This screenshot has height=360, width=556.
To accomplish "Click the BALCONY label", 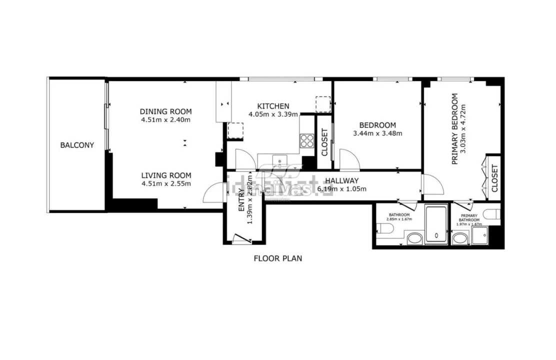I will (x=77, y=145).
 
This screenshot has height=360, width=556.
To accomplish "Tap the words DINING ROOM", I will (x=165, y=111).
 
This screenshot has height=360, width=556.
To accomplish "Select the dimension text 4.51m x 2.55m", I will (x=166, y=183).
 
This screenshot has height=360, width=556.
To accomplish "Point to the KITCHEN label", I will (x=273, y=106).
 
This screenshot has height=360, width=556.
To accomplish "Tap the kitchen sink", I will (x=279, y=161).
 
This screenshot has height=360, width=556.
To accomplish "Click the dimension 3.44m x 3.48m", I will (x=377, y=133).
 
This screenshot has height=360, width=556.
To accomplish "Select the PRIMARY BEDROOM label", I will (x=455, y=128).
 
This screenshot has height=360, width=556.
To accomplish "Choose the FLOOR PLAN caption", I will (x=278, y=258).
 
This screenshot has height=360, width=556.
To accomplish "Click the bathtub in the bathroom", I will (x=436, y=223).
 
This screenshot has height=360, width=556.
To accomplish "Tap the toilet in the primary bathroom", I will (x=494, y=214).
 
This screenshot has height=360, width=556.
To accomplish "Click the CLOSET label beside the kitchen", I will (x=324, y=142).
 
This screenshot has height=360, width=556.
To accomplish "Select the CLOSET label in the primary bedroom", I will (x=494, y=178).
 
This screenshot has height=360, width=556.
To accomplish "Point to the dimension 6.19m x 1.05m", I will (x=342, y=189).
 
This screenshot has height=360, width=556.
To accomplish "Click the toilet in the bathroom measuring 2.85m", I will (x=385, y=228).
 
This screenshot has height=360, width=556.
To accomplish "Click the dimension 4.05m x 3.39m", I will (x=273, y=114).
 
